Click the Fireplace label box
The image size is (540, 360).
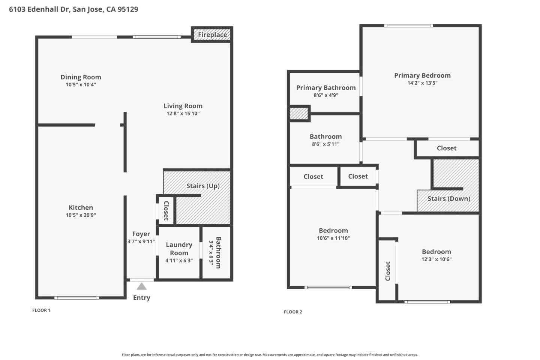(212, 34)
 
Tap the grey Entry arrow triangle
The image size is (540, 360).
(141, 286)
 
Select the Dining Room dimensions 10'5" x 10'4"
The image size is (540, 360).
(81, 85)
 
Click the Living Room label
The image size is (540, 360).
(183, 106)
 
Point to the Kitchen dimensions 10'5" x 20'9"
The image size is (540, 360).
(81, 215)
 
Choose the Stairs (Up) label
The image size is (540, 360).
(203, 186)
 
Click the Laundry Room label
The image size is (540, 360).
(179, 249)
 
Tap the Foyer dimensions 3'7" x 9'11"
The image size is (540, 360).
(141, 241)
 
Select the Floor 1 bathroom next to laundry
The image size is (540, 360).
(216, 252)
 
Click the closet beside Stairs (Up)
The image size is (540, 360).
(166, 211)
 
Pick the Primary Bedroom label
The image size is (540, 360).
(422, 75)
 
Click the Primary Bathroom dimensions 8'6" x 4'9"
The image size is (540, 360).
(325, 95)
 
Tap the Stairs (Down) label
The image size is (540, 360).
(448, 199)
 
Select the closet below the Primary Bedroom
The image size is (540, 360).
(447, 148)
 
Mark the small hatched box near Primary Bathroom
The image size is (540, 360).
(299, 114)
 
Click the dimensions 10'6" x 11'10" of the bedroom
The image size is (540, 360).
(333, 238)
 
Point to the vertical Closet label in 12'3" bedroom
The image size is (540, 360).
(388, 271)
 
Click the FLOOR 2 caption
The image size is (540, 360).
(293, 312)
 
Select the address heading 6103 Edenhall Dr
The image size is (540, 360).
(73, 9)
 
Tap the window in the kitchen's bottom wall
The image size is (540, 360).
(77, 298)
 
